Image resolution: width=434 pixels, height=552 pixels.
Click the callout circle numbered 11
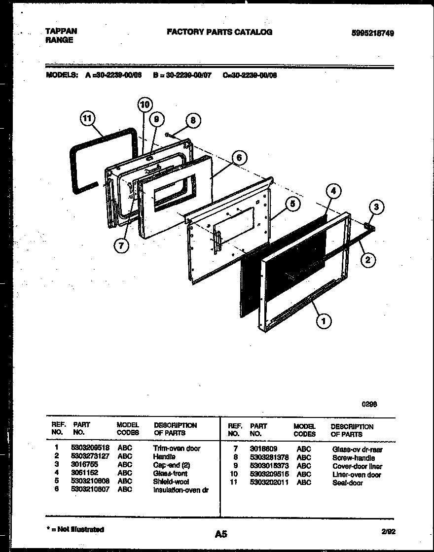click(88, 119)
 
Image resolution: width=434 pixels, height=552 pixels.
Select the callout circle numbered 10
click(144, 104)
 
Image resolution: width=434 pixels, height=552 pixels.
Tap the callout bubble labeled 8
click(193, 120)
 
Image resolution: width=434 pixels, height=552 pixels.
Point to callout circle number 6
click(239, 158)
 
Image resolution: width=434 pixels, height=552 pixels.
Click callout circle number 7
click(121, 245)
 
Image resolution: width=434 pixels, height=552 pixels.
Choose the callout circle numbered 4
click(333, 190)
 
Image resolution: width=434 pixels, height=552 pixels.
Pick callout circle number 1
click(323, 321)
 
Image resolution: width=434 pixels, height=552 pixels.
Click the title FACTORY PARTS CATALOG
click(219, 32)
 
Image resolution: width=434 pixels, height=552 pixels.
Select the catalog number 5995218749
click(372, 33)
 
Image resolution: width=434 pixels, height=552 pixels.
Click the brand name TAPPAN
click(61, 31)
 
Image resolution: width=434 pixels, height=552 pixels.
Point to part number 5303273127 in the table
click(91, 456)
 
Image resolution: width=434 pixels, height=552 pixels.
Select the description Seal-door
click(347, 483)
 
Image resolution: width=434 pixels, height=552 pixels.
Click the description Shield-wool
click(171, 482)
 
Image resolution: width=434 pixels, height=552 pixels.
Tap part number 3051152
click(85, 473)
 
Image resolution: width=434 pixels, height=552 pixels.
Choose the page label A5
click(221, 533)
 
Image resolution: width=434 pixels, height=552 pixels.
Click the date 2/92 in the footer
click(388, 531)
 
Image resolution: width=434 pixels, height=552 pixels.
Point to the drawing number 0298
click(370, 404)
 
